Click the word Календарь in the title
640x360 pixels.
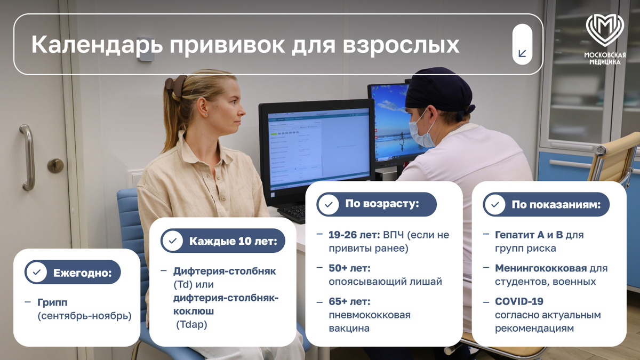click(x=97, y=45)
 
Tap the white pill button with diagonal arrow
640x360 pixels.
click(x=522, y=44)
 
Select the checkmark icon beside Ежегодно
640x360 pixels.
click(x=37, y=272)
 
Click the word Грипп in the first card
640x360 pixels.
click(x=52, y=302)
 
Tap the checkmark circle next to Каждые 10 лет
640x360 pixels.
click(x=173, y=241)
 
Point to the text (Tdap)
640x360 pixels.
click(x=191, y=325)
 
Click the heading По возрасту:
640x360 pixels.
click(x=382, y=204)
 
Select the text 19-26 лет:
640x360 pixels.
click(x=354, y=235)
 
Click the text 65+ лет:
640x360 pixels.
click(x=349, y=301)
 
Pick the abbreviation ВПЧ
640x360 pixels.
click(x=394, y=235)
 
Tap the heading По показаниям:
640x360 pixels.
click(x=556, y=205)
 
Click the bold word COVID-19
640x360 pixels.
click(x=519, y=301)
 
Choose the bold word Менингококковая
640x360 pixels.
click(x=541, y=268)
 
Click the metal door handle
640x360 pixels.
click(x=28, y=157)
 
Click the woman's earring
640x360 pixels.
click(x=206, y=115)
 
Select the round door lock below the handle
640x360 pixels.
click(x=55, y=165)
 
